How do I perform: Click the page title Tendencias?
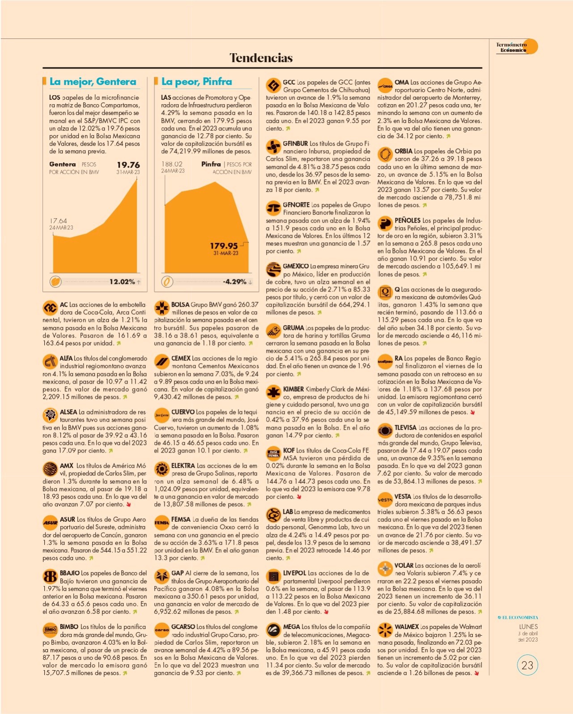[261, 58]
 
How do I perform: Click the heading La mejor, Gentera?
[93, 82]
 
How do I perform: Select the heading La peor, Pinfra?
[196, 82]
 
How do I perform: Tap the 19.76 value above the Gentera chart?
[128, 165]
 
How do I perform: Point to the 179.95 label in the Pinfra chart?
[224, 246]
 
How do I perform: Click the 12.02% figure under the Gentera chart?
[122, 282]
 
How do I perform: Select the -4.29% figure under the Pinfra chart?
[234, 282]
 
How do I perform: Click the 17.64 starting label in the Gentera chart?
[58, 220]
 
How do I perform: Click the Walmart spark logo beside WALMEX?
[385, 630]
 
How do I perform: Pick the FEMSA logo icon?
[161, 523]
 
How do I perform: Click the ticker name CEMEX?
[181, 358]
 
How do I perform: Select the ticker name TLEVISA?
[406, 428]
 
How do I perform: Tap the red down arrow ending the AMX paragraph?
[128, 505]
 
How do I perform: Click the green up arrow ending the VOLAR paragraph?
[480, 612]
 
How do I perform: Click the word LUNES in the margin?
[529, 627]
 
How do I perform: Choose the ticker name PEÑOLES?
[407, 220]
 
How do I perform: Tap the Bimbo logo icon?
[50, 630]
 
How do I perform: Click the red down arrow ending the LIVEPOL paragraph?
[326, 612]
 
